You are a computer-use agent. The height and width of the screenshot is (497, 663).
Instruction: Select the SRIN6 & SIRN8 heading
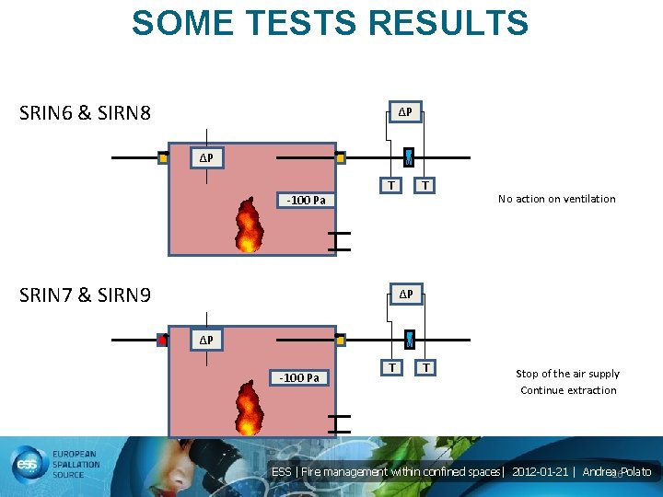[x=86, y=114]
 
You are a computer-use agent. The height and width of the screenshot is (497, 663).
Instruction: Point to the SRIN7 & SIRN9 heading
[x=86, y=295]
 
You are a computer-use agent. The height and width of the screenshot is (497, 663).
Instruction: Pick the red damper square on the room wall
[x=163, y=340]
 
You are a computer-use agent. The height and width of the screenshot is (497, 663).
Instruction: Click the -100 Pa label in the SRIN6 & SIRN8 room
[x=306, y=200]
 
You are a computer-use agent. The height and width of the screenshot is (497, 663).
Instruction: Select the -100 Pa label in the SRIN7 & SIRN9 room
[x=300, y=378]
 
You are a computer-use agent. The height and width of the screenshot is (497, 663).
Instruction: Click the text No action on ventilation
[x=556, y=199]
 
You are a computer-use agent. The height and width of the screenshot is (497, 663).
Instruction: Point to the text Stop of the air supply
[x=567, y=374]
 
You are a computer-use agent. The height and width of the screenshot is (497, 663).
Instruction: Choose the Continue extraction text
[x=568, y=390]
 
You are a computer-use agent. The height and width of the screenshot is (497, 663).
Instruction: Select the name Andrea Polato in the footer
[x=617, y=472]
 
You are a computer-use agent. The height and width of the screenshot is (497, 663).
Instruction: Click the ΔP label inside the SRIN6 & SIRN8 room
[x=207, y=158]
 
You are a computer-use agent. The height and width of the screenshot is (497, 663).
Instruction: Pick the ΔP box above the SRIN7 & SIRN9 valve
[x=405, y=295]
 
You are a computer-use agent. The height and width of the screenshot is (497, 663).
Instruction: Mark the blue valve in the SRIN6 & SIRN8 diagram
[x=410, y=157]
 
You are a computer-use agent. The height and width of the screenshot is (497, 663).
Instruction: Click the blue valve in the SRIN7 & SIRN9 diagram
[x=410, y=340]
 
